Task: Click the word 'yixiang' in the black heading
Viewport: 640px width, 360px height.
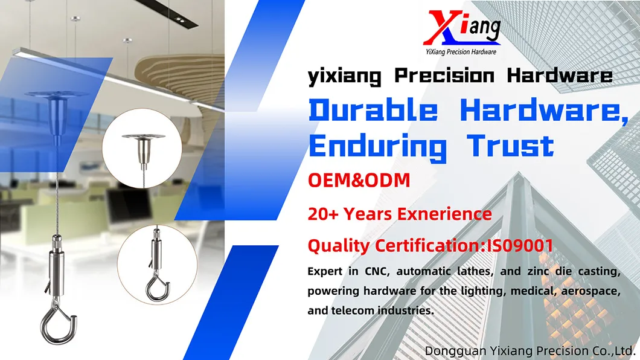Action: point(344,76)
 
